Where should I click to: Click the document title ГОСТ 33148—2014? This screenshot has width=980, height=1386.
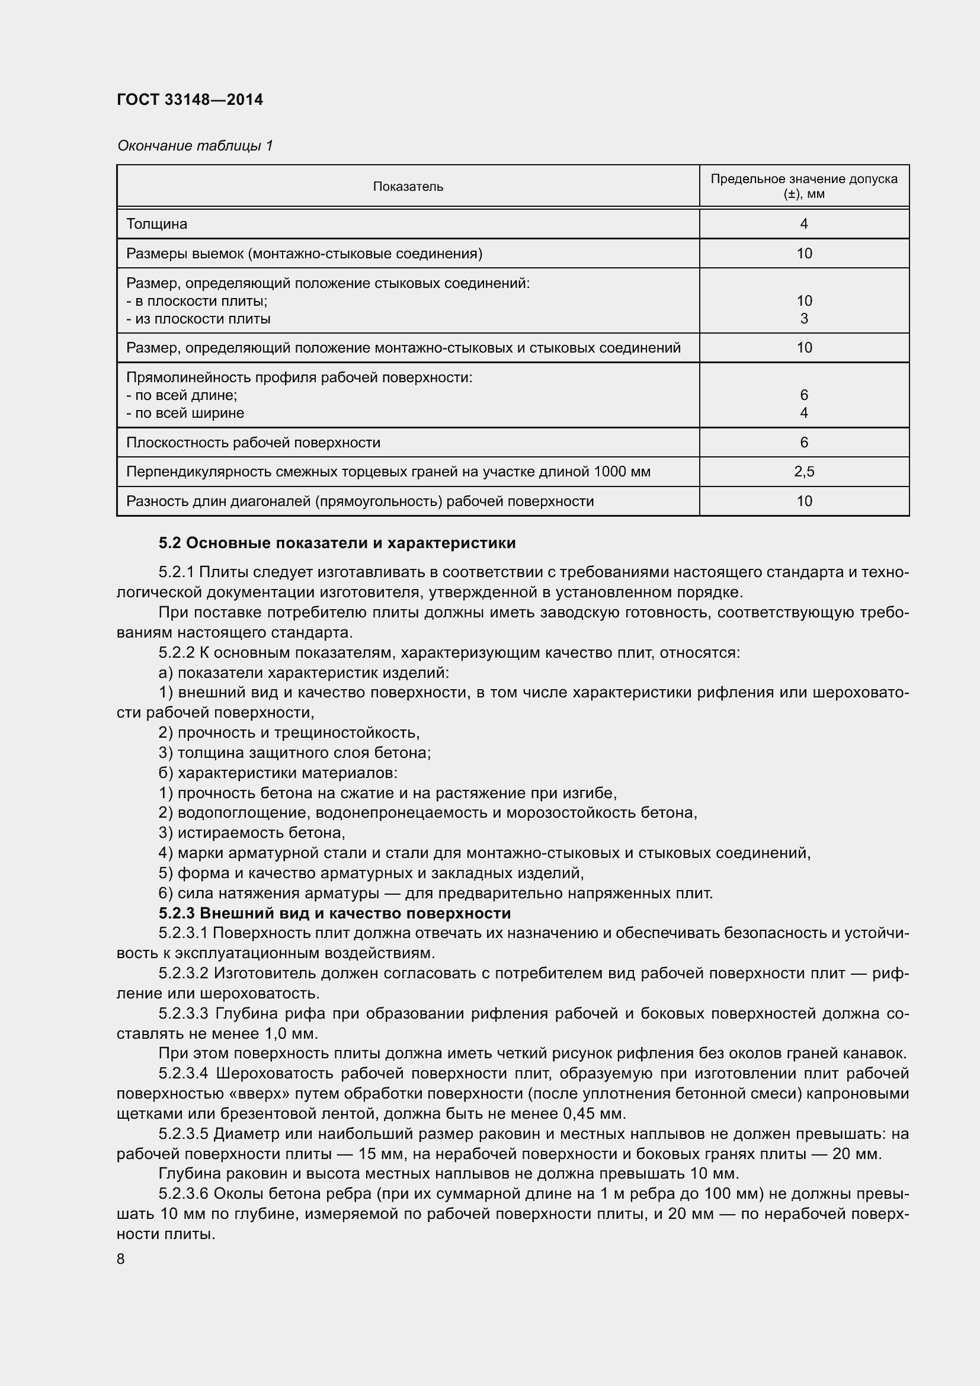point(190,100)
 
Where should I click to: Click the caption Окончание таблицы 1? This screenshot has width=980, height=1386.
point(195,146)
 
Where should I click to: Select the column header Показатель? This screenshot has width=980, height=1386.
point(408,187)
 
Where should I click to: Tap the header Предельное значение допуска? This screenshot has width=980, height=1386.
point(803,180)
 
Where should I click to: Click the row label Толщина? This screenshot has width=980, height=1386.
point(157,224)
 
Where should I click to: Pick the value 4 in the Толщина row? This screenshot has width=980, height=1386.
point(804,224)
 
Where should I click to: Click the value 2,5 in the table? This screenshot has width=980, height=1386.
point(804,472)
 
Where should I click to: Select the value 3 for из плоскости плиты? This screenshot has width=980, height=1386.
point(804,319)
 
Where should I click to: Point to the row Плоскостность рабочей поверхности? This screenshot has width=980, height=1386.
point(254,443)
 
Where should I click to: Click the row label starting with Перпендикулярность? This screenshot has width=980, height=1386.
point(388,472)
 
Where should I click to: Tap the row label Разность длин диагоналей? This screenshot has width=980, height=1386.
point(360,501)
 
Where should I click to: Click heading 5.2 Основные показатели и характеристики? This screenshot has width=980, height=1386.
point(337,543)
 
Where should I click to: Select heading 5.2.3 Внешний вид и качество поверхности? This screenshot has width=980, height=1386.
point(334,913)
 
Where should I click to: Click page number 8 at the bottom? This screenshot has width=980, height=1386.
point(121,1259)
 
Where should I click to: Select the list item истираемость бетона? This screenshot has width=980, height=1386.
point(252,833)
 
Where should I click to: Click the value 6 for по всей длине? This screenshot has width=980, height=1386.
point(804,395)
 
